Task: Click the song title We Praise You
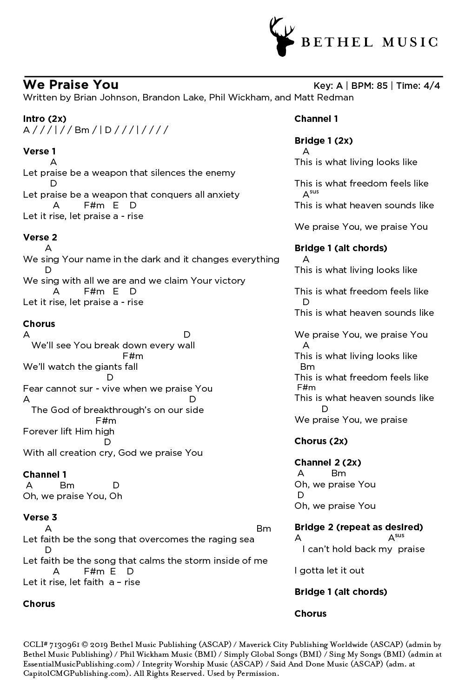71,85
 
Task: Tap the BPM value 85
382,86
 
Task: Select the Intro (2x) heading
45,119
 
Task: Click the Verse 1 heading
40,151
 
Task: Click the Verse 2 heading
40,237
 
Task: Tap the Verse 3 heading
40,517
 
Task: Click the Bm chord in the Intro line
82,130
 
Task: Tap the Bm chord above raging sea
264,528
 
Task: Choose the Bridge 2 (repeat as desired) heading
359,527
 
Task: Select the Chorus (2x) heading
321,441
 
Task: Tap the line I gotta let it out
329,570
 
